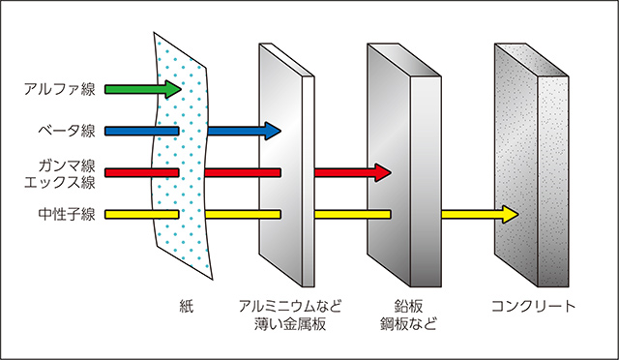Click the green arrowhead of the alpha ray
click(x=171, y=90)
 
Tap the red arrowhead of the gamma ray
click(x=381, y=173)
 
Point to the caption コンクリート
click(x=533, y=307)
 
